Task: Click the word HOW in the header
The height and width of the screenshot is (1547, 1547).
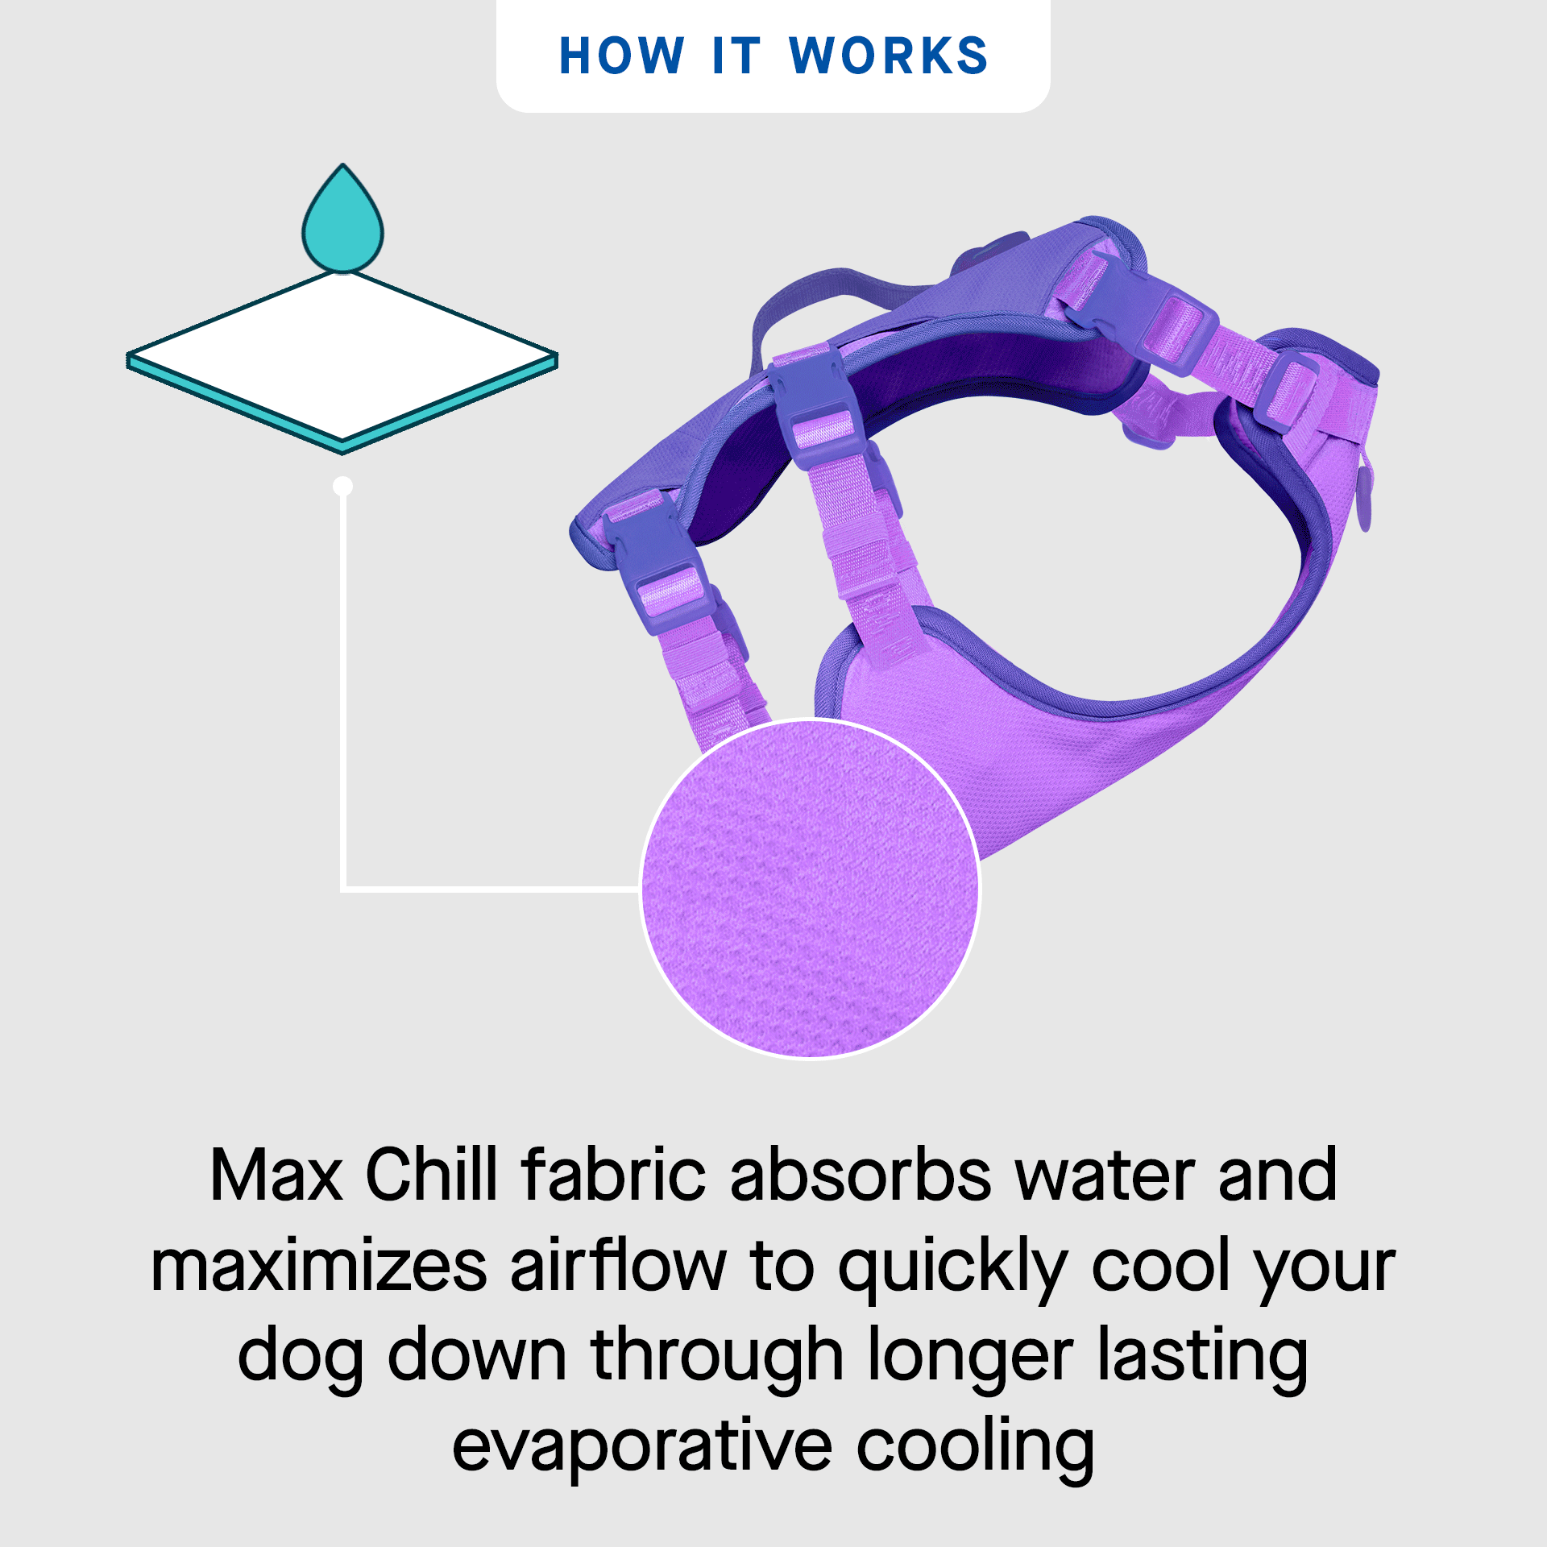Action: coord(621,56)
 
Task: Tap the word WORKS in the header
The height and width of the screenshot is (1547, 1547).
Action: coord(889,56)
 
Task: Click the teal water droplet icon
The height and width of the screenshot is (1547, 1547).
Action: coord(342,222)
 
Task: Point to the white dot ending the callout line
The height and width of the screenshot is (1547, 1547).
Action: coord(343,486)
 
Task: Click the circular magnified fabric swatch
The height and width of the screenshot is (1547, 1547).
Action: coord(811,889)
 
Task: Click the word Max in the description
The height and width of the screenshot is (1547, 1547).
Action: coord(276,1176)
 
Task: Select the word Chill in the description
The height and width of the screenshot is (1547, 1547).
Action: coord(432,1176)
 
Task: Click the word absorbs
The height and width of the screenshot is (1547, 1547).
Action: coord(861,1176)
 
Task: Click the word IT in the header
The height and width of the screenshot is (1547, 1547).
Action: coord(736,56)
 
